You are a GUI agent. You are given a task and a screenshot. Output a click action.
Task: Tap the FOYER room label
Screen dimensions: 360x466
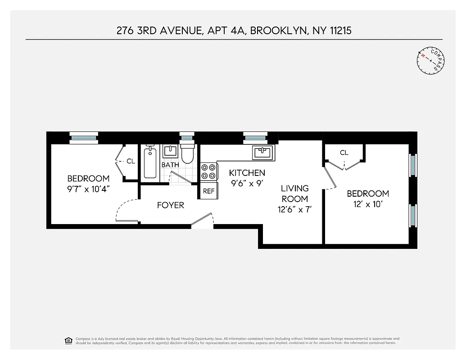(x=170, y=205)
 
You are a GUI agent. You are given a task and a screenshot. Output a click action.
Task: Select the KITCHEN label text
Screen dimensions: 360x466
(x=247, y=173)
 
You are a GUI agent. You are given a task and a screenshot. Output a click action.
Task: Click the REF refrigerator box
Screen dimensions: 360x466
(x=208, y=191)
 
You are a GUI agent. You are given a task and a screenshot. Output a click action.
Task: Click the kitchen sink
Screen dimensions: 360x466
(x=263, y=152)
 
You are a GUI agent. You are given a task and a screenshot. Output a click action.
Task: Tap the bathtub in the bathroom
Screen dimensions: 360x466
(x=150, y=164)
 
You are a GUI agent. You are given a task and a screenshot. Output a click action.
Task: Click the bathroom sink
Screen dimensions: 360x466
(x=170, y=151)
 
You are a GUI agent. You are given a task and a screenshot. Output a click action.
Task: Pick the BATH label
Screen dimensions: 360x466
(x=170, y=165)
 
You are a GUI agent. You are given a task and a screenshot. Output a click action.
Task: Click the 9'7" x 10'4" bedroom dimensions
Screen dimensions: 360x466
(x=88, y=189)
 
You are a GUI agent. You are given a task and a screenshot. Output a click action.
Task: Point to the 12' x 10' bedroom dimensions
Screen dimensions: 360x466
(x=368, y=204)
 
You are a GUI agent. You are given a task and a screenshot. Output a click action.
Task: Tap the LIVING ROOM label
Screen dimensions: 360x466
(x=295, y=193)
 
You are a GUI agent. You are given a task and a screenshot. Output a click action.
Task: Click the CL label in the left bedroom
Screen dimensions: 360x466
(x=131, y=161)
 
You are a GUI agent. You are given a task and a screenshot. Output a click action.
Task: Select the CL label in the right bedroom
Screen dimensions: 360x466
(x=344, y=153)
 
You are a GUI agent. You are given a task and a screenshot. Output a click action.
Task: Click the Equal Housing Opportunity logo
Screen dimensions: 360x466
(x=68, y=340)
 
